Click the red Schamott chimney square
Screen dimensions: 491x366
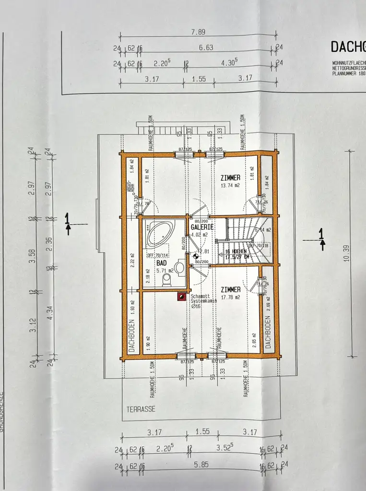click(x=181, y=297)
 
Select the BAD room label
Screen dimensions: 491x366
click(x=161, y=263)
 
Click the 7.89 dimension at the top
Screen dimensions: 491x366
click(x=198, y=33)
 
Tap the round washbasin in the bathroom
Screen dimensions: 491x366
click(x=180, y=267)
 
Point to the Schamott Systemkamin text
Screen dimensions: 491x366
click(x=203, y=299)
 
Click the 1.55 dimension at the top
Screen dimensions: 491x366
click(x=198, y=78)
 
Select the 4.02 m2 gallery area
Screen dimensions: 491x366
click(x=199, y=235)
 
